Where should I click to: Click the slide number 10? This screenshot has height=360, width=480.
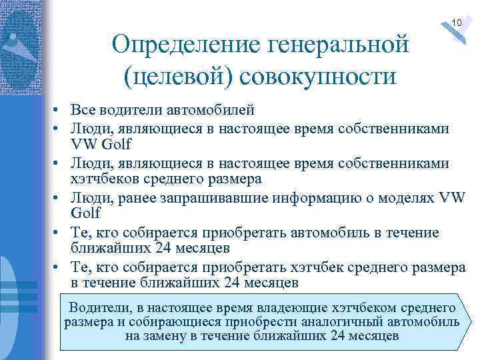pos(456,23)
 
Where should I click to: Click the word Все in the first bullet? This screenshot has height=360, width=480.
pos(83,110)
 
